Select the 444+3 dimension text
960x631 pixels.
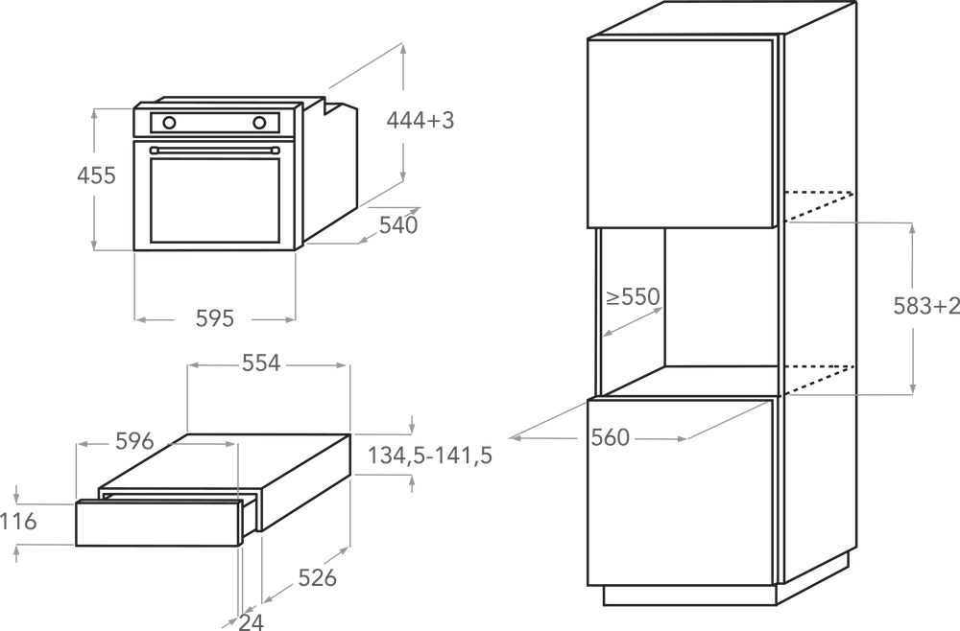(420, 120)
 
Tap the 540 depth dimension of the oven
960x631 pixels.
(398, 226)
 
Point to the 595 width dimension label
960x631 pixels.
(214, 318)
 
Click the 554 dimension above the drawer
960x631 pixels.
(260, 363)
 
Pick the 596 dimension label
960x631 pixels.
(134, 441)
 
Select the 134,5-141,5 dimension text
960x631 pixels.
(429, 457)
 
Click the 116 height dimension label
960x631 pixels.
(18, 523)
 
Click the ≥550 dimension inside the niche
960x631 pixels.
(633, 297)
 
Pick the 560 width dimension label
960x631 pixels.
(610, 437)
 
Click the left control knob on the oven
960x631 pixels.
(170, 122)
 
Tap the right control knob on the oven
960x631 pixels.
(259, 122)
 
